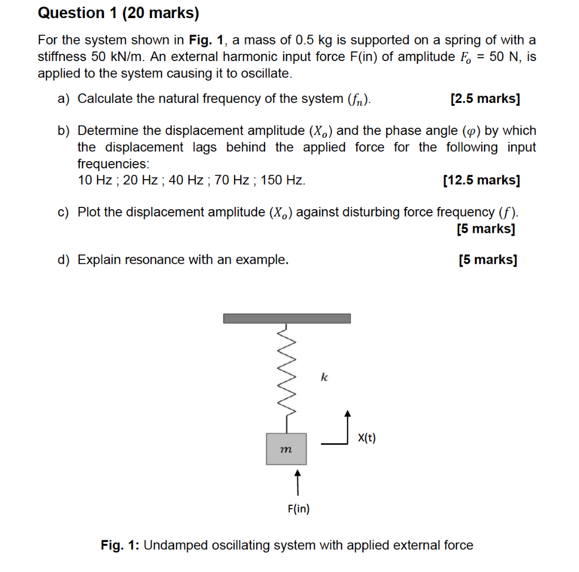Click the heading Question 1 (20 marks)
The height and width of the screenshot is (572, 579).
(x=118, y=13)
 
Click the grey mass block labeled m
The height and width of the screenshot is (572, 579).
(x=286, y=449)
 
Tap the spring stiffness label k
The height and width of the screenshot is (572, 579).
(x=324, y=377)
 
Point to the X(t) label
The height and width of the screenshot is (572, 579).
(x=367, y=437)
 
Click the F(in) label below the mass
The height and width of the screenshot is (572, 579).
(x=298, y=509)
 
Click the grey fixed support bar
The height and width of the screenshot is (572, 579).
(x=287, y=318)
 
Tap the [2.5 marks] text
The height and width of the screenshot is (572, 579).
(x=485, y=99)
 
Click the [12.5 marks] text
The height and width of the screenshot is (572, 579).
(x=482, y=180)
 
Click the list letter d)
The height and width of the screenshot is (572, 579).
(x=64, y=259)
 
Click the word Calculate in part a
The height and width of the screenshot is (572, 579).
(x=105, y=99)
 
